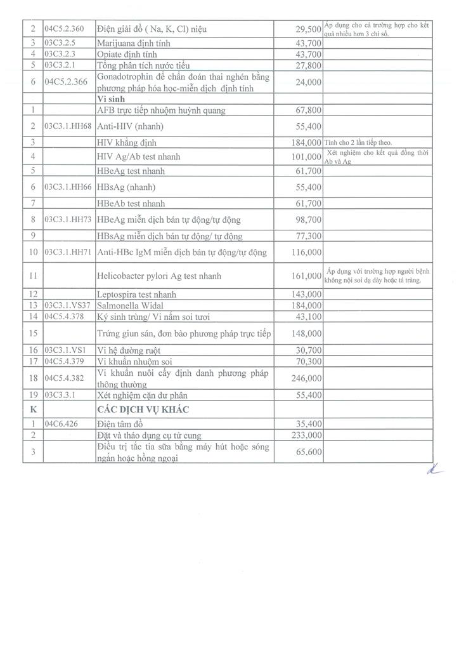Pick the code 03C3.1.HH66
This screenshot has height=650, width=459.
coord(68,187)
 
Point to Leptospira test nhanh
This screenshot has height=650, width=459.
coord(136,295)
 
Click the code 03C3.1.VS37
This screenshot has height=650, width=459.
coord(68,305)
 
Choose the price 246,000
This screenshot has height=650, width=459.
coord(305,378)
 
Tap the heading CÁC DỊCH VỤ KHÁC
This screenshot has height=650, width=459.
coord(145,409)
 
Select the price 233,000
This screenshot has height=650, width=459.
coord(305,435)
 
